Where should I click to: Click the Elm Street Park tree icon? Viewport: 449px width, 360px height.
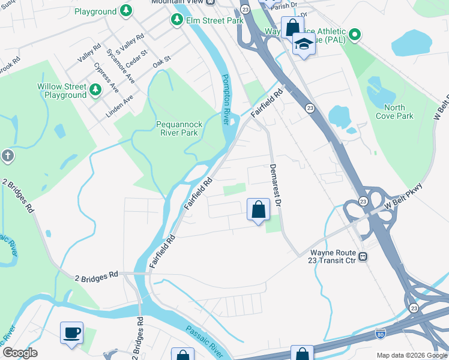(177, 20)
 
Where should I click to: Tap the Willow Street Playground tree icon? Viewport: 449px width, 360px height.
(95, 90)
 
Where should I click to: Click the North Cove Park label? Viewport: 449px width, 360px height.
(394, 112)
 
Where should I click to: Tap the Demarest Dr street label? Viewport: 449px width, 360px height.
(276, 185)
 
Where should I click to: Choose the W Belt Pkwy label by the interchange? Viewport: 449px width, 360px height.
(409, 200)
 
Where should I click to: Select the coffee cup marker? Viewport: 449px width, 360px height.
(72, 332)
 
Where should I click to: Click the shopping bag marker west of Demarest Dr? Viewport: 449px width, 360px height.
(258, 211)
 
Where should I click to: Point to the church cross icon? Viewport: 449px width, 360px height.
(7, 157)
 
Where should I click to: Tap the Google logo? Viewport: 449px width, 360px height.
(20, 353)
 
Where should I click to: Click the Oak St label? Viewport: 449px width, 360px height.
(162, 61)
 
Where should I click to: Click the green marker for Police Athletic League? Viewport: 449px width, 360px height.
(355, 35)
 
